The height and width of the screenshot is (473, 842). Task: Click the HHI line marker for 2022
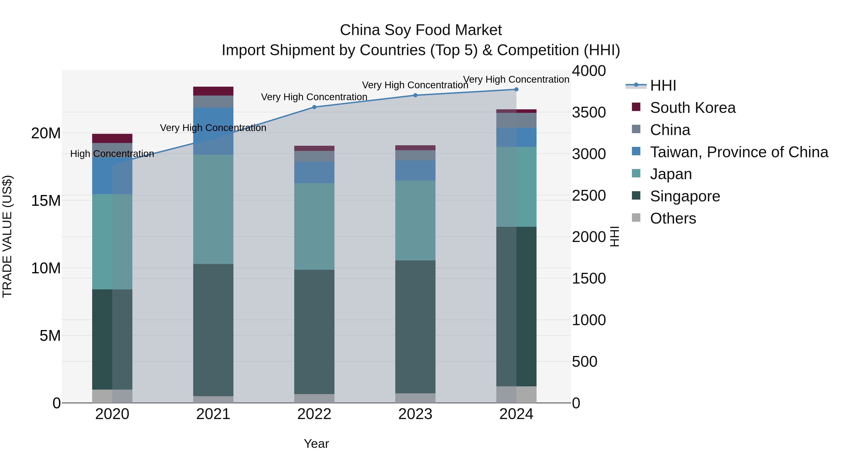pos(314,107)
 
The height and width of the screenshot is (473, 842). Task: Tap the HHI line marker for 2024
pos(516,89)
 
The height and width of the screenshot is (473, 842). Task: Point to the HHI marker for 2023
pos(415,95)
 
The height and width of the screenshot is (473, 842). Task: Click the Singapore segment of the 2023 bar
pos(415,327)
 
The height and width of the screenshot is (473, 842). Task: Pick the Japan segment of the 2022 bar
pos(314,226)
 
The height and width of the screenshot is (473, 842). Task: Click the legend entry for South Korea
pos(692,108)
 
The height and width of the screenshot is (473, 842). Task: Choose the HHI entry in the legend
pos(663,85)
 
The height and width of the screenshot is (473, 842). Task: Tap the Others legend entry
pos(673,218)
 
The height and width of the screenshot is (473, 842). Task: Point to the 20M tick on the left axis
pos(46,133)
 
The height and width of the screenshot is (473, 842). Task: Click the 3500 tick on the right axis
pos(589,112)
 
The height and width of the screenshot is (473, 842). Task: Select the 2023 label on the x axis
pos(415,414)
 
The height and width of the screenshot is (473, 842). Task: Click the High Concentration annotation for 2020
pos(112,154)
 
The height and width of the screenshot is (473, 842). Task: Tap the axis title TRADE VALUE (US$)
pos(7,236)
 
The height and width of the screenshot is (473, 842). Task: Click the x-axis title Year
pos(316,444)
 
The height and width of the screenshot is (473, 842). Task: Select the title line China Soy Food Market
pos(421,30)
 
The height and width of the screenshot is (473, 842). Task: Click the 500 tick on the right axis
pos(584,361)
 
